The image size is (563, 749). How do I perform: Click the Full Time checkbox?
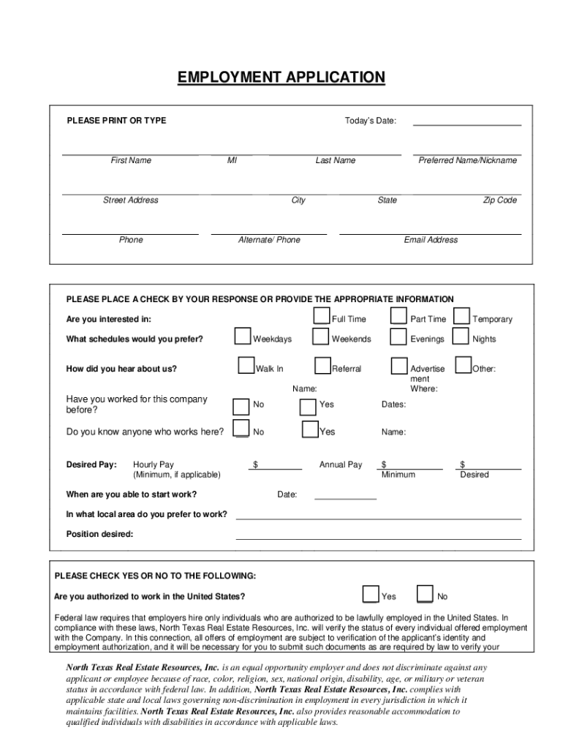tap(322, 315)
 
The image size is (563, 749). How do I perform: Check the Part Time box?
tap(398, 315)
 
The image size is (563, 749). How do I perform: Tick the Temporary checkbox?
tap(461, 315)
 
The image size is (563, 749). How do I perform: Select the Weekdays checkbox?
tap(242, 336)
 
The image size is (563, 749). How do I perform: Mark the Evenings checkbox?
tap(398, 336)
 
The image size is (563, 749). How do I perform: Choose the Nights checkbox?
tap(461, 336)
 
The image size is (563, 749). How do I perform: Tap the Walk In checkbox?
tap(246, 365)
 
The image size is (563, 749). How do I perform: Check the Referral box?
tap(322, 365)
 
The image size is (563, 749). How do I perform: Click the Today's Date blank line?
tap(466, 124)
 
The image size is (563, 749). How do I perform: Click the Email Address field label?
tap(431, 240)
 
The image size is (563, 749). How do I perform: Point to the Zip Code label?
tap(499, 200)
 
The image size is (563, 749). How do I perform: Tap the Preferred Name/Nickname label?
tap(467, 160)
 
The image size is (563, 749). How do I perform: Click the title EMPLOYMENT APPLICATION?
tap(281, 78)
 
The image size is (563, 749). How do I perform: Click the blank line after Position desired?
tap(378, 538)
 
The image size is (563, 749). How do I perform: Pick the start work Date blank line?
tap(345, 498)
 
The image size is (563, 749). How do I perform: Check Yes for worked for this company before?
tap(309, 406)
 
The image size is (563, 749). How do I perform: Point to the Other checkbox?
tap(463, 365)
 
